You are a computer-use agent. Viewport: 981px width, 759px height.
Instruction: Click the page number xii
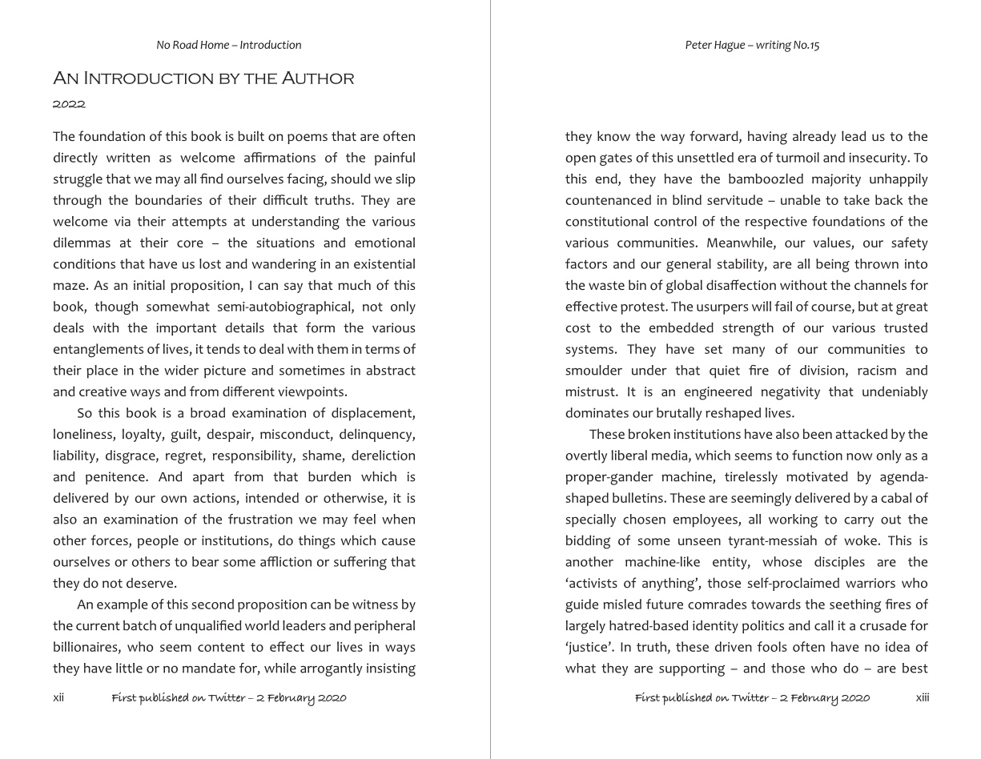pyautogui.click(x=58, y=697)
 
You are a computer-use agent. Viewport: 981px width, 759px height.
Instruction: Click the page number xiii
pyautogui.click(x=923, y=697)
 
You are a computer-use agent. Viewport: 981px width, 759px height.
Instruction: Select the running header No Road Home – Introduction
pyautogui.click(x=229, y=45)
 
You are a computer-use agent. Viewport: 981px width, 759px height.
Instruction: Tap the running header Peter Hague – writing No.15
pyautogui.click(x=752, y=45)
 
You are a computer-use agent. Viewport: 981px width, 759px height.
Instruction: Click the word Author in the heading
pyautogui.click(x=317, y=78)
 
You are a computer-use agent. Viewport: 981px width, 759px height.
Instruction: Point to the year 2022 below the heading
pyautogui.click(x=69, y=104)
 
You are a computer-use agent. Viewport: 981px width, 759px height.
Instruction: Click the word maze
pyautogui.click(x=69, y=286)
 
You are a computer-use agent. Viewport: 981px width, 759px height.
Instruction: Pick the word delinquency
pyautogui.click(x=377, y=435)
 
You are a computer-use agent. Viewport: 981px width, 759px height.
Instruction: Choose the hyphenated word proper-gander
pyautogui.click(x=609, y=477)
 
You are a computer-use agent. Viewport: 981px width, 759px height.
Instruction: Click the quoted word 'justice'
pyautogui.click(x=589, y=647)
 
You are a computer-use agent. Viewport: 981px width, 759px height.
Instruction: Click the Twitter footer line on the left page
pyautogui.click(x=229, y=698)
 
